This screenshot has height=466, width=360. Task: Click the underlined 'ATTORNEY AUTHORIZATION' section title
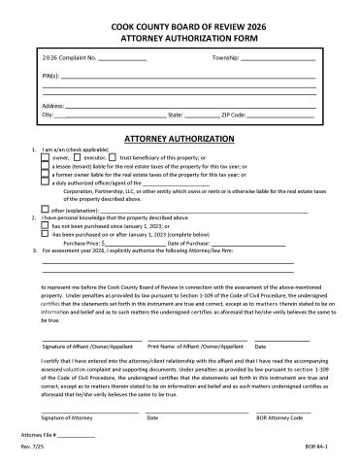[x=180, y=139]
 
